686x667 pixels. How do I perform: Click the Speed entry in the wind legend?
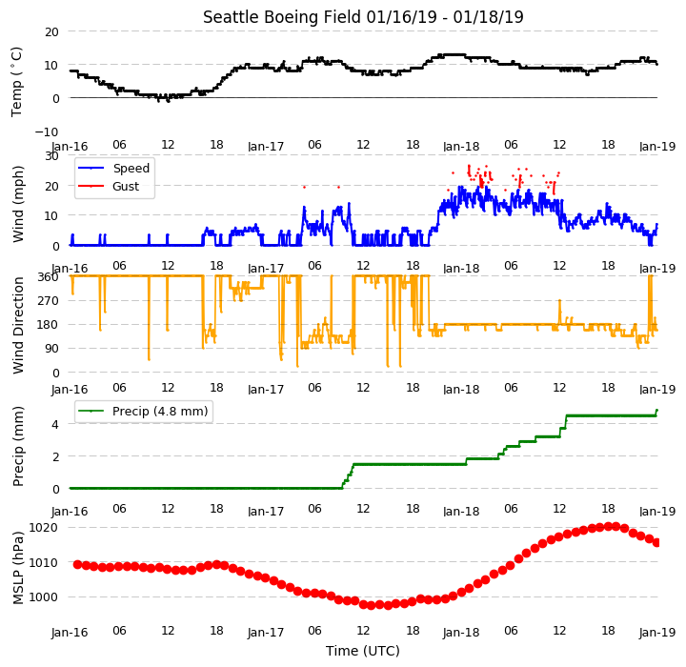tap(131, 168)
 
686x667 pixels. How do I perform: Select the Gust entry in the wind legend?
tap(126, 186)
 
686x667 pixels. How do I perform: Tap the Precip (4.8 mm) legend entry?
tap(160, 412)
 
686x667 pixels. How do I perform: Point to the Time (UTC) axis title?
tap(363, 651)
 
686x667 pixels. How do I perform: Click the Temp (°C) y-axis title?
tap(16, 82)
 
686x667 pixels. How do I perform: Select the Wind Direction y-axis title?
tap(18, 325)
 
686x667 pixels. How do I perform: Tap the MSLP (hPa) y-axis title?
tap(18, 568)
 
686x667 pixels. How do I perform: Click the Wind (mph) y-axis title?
tap(18, 204)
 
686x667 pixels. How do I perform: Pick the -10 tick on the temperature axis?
tap(46, 131)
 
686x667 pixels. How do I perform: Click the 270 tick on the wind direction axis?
tap(49, 301)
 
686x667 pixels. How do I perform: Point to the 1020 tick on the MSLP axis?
tap(44, 527)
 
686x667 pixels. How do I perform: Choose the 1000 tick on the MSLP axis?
tap(44, 597)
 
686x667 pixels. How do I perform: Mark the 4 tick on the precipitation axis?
tap(55, 424)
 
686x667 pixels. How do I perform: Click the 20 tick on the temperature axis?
tap(51, 31)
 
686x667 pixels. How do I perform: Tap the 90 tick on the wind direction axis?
tap(52, 349)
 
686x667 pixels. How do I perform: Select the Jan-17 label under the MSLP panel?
tap(266, 633)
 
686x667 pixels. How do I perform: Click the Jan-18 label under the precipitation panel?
tap(461, 511)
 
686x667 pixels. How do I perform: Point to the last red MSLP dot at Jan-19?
tap(656, 543)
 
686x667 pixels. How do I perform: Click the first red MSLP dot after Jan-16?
tap(77, 565)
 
